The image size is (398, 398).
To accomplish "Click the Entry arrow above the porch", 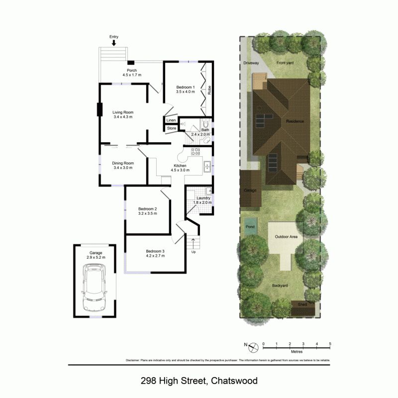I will pyautogui.click(x=114, y=43).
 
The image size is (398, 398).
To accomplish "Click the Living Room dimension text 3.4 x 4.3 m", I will pyautogui.click(x=123, y=117).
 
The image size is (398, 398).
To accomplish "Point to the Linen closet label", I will pyautogui.click(x=171, y=120).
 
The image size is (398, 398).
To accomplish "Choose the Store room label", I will pyautogui.click(x=171, y=128).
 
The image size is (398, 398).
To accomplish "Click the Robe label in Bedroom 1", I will pyautogui.click(x=209, y=91).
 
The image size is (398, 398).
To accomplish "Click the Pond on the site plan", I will pyautogui.click(x=250, y=226).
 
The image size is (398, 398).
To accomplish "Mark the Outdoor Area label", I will pyautogui.click(x=286, y=237).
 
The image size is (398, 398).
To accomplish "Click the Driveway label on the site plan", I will pyautogui.click(x=251, y=63).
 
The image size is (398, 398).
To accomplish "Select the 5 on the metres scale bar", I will pyautogui.click(x=330, y=344).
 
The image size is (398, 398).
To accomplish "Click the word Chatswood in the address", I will pyautogui.click(x=234, y=381).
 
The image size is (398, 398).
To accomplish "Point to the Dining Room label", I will pyautogui.click(x=123, y=163).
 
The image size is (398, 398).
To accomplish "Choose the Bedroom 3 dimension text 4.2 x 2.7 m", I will pyautogui.click(x=155, y=257).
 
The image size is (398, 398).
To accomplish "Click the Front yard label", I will pyautogui.click(x=286, y=63).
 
